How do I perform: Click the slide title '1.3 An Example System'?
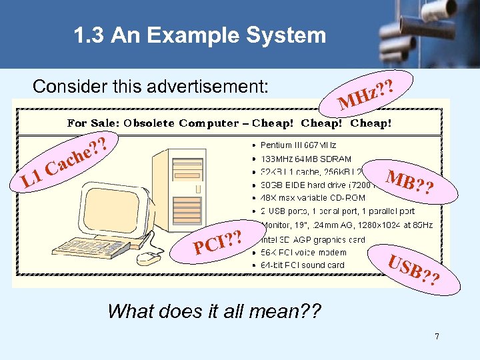click(201, 35)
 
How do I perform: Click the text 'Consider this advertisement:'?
click(151, 87)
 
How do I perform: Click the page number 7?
click(437, 337)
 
